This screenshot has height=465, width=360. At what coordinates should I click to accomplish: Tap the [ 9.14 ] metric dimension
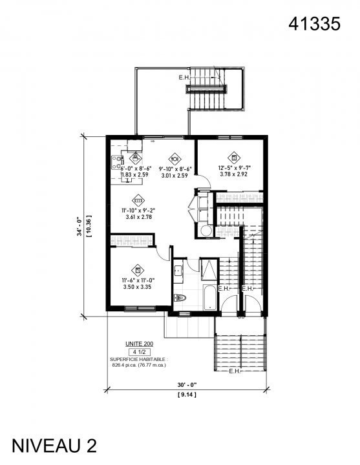point(187,393)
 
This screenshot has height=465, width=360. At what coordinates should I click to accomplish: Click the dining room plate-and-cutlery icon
point(175,157)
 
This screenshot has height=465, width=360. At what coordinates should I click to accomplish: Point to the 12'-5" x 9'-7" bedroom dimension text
point(233,167)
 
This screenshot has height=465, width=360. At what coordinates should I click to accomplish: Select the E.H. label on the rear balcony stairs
point(185,77)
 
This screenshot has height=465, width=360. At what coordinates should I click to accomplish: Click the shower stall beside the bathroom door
point(210,268)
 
